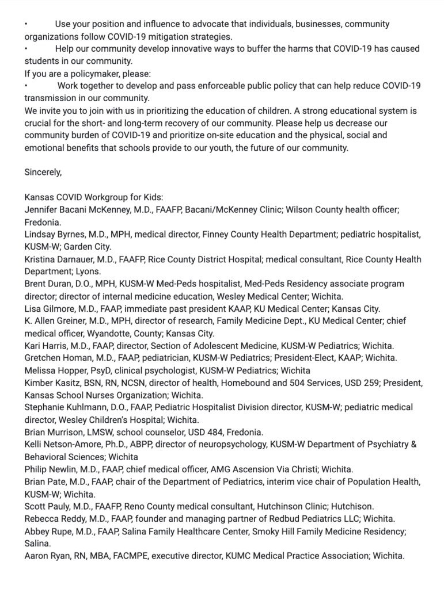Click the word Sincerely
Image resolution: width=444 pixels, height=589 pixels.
point(43,172)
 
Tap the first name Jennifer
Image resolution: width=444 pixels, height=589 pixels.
point(43,209)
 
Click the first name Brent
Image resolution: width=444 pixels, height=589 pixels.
point(36,284)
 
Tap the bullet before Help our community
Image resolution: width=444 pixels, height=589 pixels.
point(26,49)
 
